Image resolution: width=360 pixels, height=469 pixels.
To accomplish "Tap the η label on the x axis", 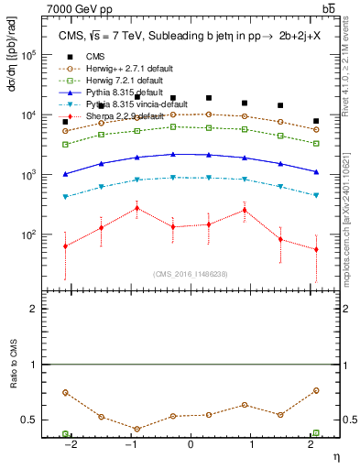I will [x=335, y=454].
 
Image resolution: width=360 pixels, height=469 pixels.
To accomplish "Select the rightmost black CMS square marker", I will [x=316, y=121].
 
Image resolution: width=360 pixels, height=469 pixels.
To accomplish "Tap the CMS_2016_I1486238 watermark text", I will [x=190, y=274].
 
